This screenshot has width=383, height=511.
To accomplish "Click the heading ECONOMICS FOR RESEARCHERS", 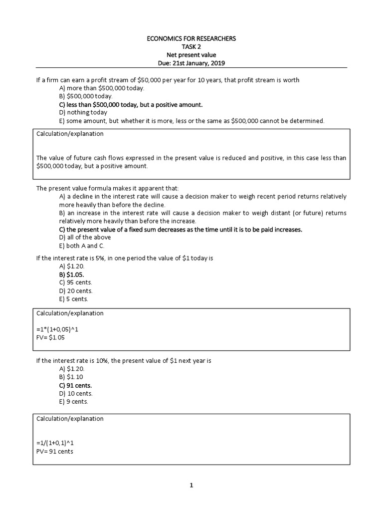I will click(191, 38).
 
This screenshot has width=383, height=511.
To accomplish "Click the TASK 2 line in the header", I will click(191, 46).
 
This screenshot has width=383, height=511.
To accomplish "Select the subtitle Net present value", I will click(191, 55).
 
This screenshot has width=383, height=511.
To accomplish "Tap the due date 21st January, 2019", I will click(191, 63).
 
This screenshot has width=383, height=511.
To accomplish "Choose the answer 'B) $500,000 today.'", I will click(86, 96).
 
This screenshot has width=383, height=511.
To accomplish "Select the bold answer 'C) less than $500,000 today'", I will click(131, 105).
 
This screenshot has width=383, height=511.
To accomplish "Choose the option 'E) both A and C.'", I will click(82, 246).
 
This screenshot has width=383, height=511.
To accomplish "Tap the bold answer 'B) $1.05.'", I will click(72, 274).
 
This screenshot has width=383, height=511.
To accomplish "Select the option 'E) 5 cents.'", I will click(74, 299).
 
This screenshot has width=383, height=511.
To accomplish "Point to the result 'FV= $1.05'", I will click(51, 337).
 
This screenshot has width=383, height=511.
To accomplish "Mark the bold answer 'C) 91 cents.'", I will click(76, 386).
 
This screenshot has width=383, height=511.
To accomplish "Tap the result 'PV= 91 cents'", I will click(55, 452).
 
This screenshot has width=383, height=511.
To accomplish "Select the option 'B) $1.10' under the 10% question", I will click(72, 378).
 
